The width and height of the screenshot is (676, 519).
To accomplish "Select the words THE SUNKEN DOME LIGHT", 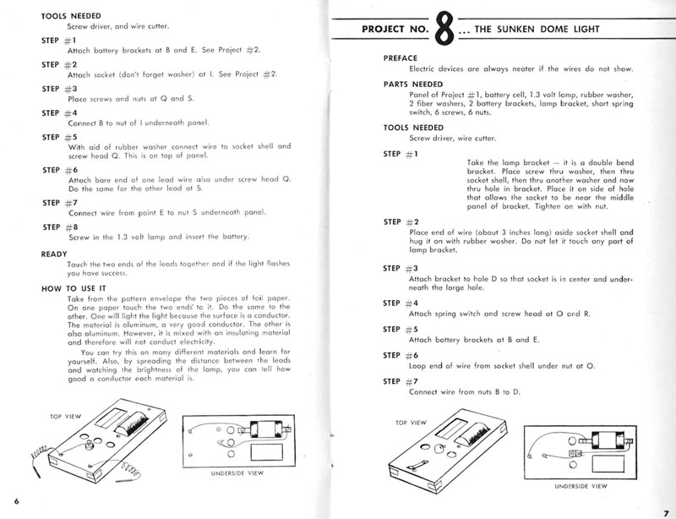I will tap(527, 30).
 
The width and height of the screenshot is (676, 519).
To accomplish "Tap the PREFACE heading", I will tap(401, 57).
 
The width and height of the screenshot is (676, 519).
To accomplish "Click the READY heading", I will tap(55, 253).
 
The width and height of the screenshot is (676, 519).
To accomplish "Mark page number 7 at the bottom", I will tap(666, 501).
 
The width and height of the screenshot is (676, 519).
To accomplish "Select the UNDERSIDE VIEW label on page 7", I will tap(581, 486).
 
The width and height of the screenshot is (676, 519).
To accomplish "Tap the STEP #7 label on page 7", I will tap(400, 381).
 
